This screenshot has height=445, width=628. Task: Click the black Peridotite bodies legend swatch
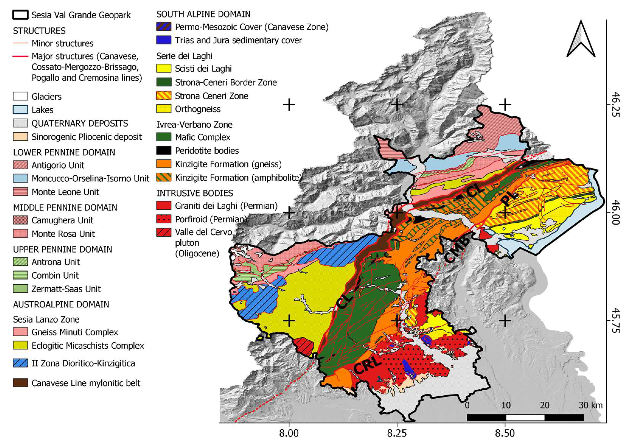point(164,150)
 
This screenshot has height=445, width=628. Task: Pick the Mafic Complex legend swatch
point(164,137)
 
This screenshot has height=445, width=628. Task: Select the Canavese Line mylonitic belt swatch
point(20,383)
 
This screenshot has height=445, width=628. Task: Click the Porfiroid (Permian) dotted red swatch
point(164,219)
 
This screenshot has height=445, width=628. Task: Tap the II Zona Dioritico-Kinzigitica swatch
point(20,363)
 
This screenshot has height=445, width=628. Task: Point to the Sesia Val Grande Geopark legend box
point(20,15)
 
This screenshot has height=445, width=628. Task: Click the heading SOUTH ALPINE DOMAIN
point(203,14)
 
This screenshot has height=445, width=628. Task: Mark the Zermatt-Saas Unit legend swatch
point(20,289)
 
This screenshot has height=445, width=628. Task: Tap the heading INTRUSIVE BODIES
point(194,193)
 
